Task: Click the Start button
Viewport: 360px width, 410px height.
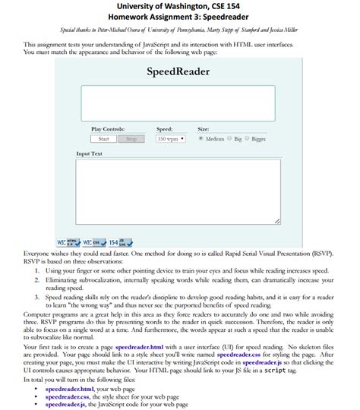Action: click(103, 139)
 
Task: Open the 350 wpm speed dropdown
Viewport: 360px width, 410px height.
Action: click(171, 139)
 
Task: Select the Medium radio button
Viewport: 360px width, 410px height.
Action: click(201, 139)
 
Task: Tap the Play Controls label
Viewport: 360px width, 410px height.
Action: click(108, 129)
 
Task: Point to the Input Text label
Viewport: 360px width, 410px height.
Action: click(90, 154)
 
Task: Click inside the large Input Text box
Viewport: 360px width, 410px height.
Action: click(178, 190)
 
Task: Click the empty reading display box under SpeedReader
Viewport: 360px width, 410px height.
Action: click(178, 102)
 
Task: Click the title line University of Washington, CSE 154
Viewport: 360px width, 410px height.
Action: click(179, 7)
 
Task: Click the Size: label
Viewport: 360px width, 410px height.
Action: click(203, 129)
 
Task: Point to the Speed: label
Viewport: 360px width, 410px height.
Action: click(164, 129)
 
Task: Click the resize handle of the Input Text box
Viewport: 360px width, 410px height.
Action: click(277, 221)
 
